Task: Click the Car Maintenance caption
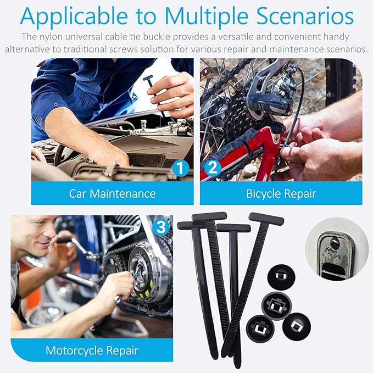[x=112, y=193]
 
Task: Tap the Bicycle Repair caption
[x=281, y=193]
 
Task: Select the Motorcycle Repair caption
[x=91, y=350]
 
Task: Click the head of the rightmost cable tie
[x=266, y=219]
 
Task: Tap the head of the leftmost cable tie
[x=191, y=225]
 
